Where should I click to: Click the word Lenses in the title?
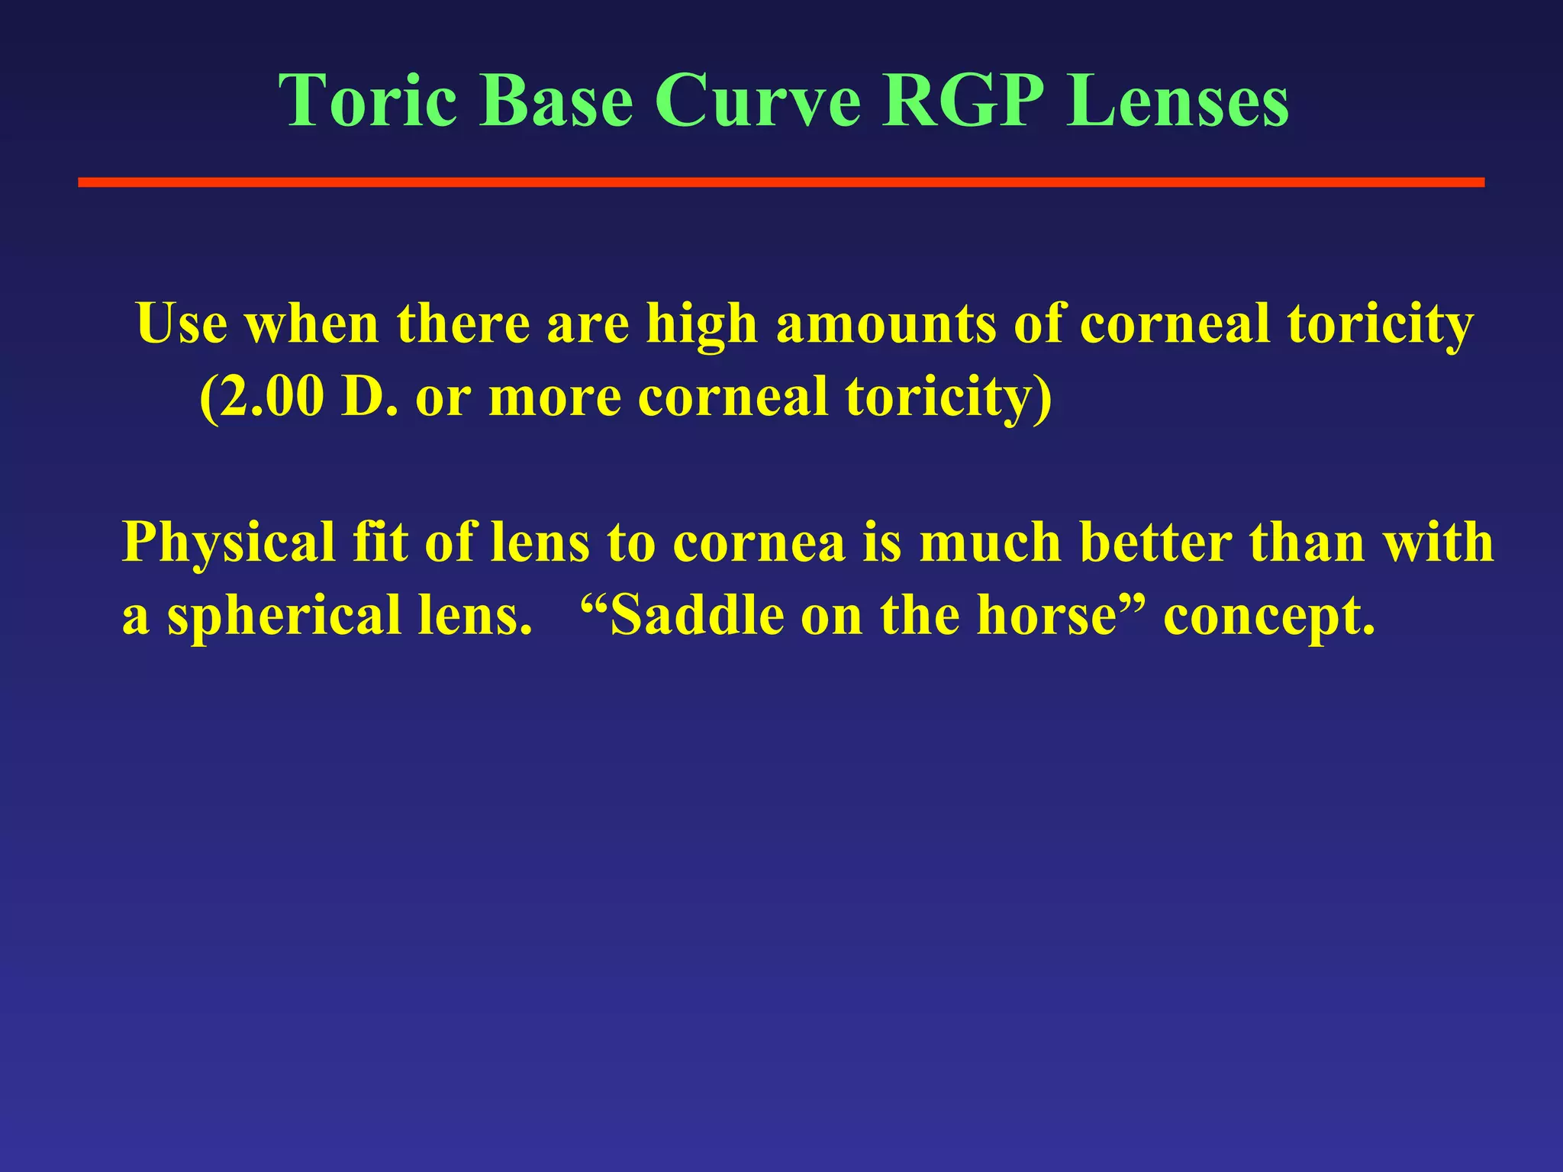pyautogui.click(x=1178, y=101)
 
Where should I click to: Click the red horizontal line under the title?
pyautogui.click(x=781, y=182)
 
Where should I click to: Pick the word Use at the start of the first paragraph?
pyautogui.click(x=182, y=324)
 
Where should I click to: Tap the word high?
pyautogui.click(x=701, y=325)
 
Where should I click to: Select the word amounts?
pyautogui.click(x=886, y=325)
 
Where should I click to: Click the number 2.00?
pyautogui.click(x=263, y=398)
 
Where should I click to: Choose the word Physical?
pyautogui.click(x=228, y=543)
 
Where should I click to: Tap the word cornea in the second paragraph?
pyautogui.click(x=759, y=543)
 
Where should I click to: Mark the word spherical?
pyautogui.click(x=284, y=617)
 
